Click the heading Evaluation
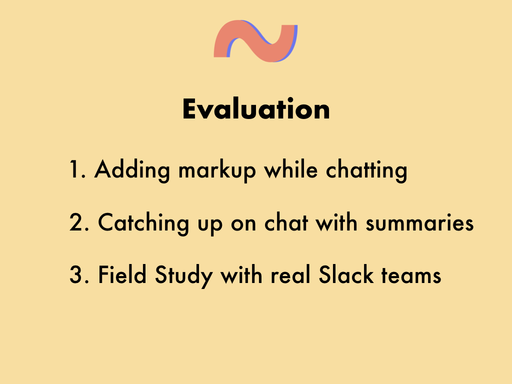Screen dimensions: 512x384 (256, 108)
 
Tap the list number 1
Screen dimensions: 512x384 (77, 169)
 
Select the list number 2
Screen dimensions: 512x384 (79, 222)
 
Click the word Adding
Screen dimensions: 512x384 (132, 170)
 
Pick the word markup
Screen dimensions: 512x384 (217, 170)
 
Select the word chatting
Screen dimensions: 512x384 (366, 170)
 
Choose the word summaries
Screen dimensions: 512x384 (419, 222)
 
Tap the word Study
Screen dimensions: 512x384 (184, 276)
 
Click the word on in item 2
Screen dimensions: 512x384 (243, 224)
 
